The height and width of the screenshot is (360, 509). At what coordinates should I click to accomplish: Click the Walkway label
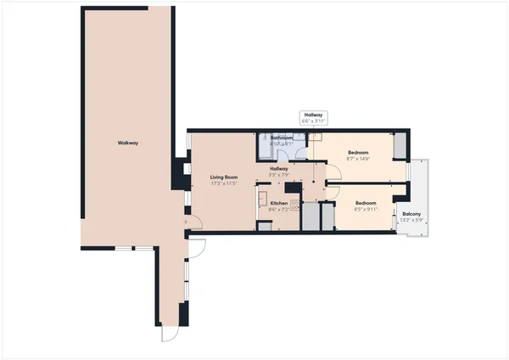coord(128,143)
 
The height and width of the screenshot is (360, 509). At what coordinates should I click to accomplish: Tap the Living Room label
coord(223,177)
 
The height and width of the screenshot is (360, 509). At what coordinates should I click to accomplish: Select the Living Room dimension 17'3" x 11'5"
coord(223,183)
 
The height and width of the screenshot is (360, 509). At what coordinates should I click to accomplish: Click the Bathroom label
coord(282,138)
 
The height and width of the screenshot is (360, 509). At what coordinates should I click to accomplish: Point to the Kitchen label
coord(279,204)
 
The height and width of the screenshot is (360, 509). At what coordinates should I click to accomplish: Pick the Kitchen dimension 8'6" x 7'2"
coord(279,210)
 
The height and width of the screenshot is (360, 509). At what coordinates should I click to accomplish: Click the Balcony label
coord(412,214)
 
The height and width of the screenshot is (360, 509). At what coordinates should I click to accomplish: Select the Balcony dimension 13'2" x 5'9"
coord(412,221)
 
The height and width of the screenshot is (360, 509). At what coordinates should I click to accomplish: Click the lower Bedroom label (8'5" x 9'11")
coord(366,203)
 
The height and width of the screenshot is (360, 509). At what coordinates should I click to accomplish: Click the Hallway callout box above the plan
coord(313,118)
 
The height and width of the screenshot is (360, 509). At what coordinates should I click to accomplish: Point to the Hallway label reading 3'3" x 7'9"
coord(279,172)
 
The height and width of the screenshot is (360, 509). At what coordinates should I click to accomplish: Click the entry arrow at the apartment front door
coord(184,222)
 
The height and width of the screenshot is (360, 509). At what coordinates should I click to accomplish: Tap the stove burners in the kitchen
coord(295,204)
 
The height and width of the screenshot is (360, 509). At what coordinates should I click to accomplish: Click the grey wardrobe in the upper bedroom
coord(398,145)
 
